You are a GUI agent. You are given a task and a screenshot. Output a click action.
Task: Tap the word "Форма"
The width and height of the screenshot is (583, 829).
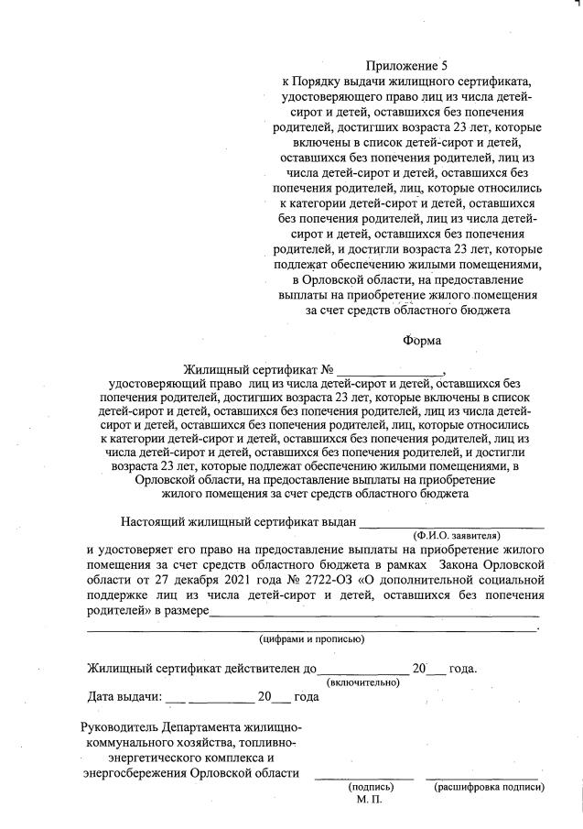click(x=422, y=341)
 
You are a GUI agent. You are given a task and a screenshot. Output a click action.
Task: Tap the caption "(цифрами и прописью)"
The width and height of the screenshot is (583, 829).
click(x=311, y=638)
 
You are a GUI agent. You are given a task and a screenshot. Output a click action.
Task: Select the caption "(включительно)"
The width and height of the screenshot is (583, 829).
click(x=363, y=682)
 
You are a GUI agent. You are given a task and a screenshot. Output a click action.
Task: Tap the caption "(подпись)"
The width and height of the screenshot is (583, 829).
click(x=370, y=787)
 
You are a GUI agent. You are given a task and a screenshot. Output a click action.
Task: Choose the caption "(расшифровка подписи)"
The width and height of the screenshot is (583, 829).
click(x=490, y=787)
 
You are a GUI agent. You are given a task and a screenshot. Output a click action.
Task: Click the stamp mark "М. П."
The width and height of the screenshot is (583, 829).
click(x=368, y=801)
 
